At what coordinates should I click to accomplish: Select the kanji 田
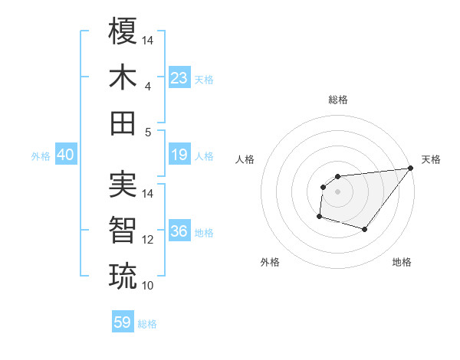pos(123,122)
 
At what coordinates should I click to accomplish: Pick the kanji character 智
pos(123,230)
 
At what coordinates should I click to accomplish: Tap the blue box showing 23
pos(179,78)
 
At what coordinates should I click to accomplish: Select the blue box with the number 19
pos(179,155)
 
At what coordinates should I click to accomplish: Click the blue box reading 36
pos(179,231)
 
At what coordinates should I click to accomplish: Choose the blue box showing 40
pos(65,155)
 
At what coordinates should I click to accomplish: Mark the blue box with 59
pos(122,322)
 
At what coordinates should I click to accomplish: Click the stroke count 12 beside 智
pos(148,240)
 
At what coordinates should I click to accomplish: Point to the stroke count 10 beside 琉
pos(148,286)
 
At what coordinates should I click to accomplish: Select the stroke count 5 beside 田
pos(147,132)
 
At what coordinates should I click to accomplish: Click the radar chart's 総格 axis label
pos(337,100)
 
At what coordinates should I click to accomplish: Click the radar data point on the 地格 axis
pos(365,229)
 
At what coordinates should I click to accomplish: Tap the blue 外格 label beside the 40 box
pos(41,156)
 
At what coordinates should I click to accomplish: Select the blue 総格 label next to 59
pos(147,324)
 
